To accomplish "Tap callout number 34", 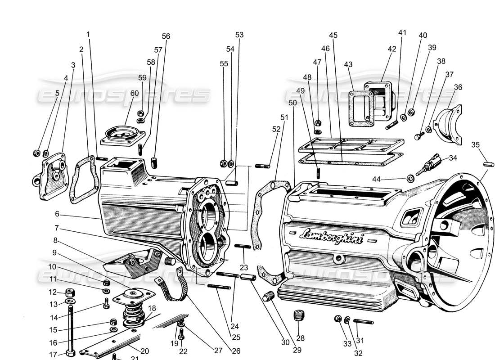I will (453, 157).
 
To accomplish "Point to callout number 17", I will (53, 354).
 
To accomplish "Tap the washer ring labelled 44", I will (411, 179).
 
